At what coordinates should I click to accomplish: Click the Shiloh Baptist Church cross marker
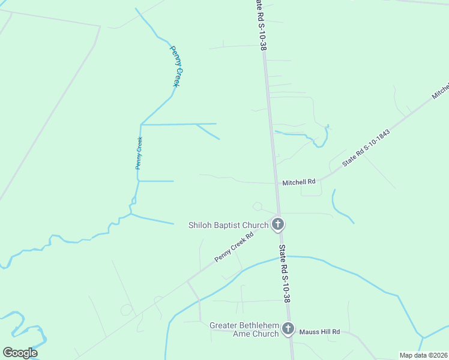[x=277, y=225]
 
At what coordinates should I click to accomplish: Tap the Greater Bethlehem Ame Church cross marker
[x=288, y=329]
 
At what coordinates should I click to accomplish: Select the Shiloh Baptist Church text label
[x=228, y=226]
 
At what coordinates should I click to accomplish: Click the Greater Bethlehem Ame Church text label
[x=244, y=329]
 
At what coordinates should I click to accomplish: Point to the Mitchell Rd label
[x=299, y=182]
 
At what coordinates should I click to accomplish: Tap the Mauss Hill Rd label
[x=319, y=331]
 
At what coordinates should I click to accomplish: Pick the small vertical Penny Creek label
[x=139, y=153]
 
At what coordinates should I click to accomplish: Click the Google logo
[x=20, y=353]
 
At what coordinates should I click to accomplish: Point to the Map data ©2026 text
[x=423, y=355]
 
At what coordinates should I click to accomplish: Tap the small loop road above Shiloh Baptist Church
[x=258, y=206]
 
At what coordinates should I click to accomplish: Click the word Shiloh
[x=201, y=226]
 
